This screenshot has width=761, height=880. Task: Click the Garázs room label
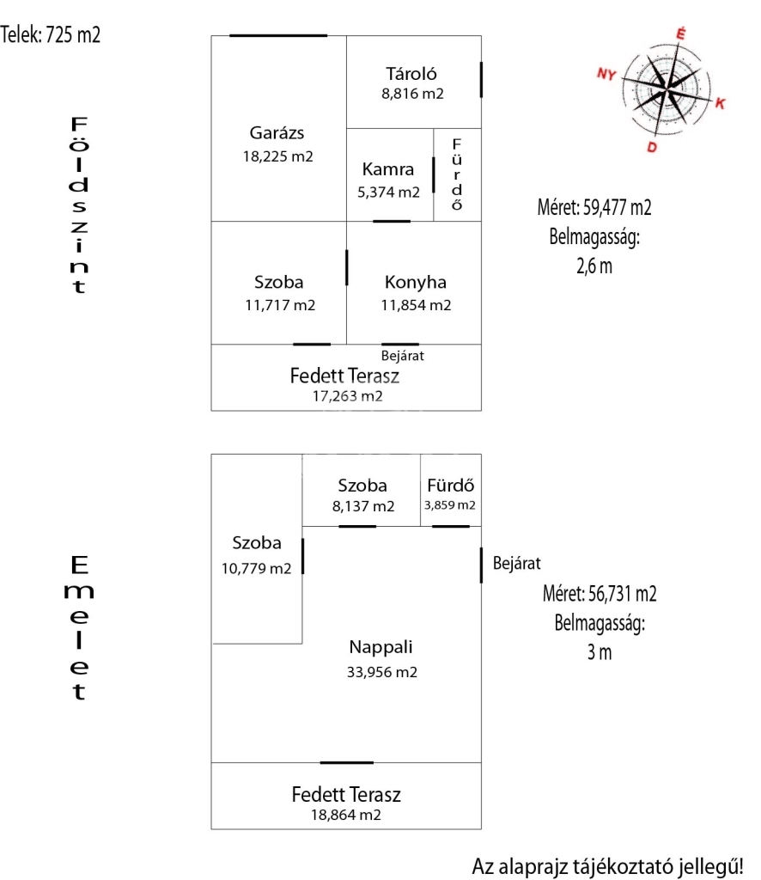tap(277, 133)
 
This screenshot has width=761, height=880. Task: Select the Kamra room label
tap(388, 169)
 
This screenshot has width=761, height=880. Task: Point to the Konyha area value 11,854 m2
tap(416, 305)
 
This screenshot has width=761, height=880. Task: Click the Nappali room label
tap(375, 647)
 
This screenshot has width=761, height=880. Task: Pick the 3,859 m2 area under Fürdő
tap(449, 505)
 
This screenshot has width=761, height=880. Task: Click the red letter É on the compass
tap(681, 34)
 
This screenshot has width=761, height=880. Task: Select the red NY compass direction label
tap(607, 75)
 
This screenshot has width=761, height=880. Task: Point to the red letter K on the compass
tap(721, 104)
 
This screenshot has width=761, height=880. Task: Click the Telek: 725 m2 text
tap(51, 35)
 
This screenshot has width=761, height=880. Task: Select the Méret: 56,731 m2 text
tap(600, 594)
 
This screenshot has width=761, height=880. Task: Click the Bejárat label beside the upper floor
tap(517, 564)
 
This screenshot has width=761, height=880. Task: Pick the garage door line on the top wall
tap(278, 35)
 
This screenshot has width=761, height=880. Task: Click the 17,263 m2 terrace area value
tap(347, 396)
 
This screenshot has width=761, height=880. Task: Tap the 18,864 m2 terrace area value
tap(346, 815)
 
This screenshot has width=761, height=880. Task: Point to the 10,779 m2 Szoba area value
tap(257, 568)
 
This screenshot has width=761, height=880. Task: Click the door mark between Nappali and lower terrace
tap(347, 762)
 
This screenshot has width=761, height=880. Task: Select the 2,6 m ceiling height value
tap(594, 266)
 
